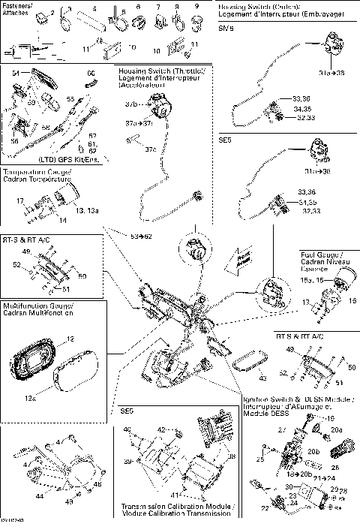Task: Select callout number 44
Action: point(38,496)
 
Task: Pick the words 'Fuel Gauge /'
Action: point(321,254)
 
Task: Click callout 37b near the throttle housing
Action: point(130,104)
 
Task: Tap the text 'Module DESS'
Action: point(264,414)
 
